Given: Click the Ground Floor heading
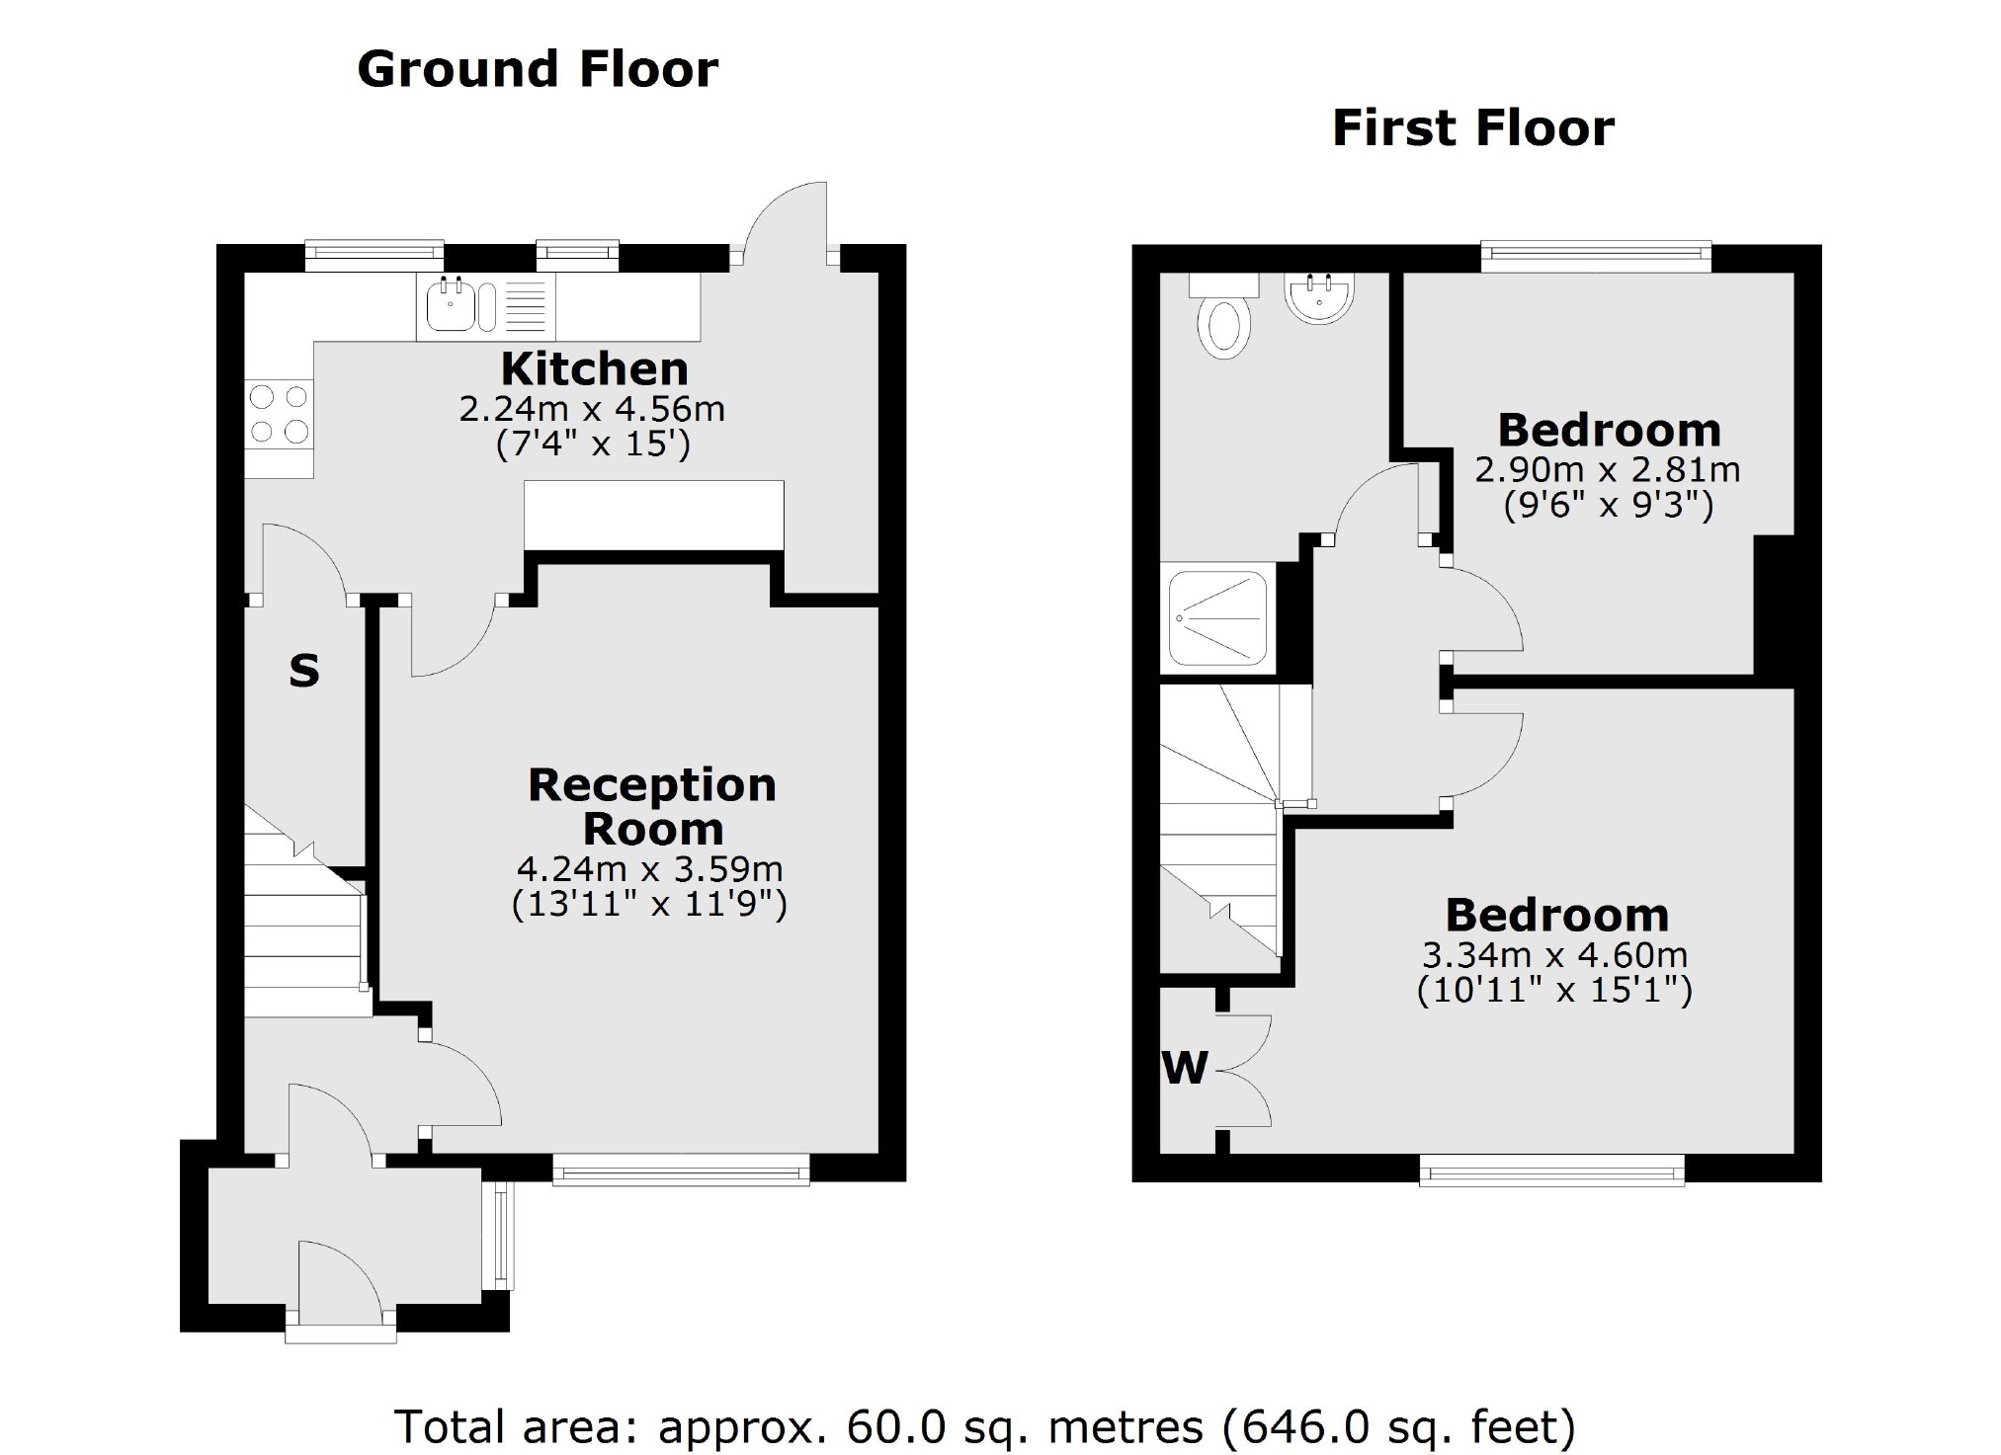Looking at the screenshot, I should (538, 69).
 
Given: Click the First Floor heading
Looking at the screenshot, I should (1472, 128).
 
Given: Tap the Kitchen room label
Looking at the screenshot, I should (594, 368).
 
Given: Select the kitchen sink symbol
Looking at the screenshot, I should (452, 305).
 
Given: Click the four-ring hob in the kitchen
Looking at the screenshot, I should (279, 415).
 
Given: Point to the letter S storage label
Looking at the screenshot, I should (304, 672).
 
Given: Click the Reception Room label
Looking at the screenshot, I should (652, 806).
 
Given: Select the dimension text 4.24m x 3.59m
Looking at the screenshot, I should (649, 869).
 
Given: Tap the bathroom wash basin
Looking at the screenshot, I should (1318, 297).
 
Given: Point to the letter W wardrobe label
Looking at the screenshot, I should (1185, 1067).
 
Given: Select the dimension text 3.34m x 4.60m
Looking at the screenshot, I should (1554, 955).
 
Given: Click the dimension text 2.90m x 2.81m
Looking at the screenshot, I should (1608, 469).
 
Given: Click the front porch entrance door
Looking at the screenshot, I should (339, 1284).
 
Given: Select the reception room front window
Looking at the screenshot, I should (681, 1172).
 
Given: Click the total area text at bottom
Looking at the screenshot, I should (984, 1426).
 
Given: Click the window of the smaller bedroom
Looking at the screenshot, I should (1596, 258).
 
